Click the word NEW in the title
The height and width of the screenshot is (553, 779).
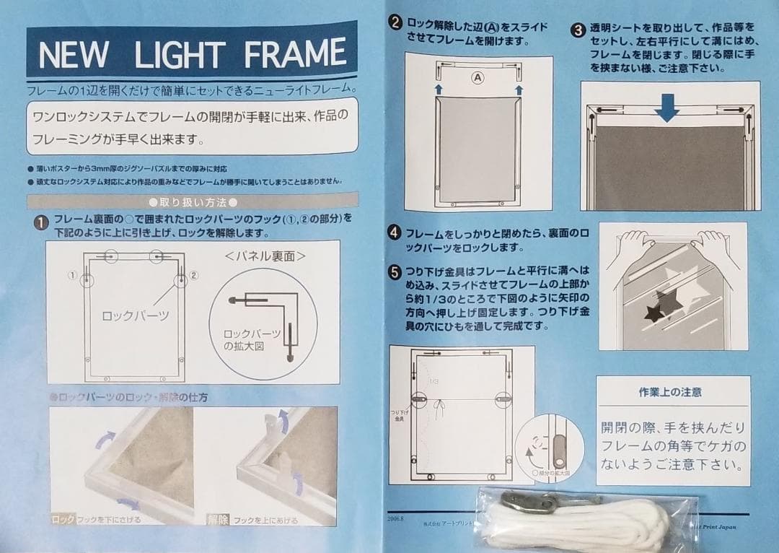click(x=73, y=54)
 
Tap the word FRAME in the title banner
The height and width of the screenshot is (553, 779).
click(x=296, y=54)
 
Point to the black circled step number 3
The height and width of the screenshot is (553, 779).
click(x=578, y=30)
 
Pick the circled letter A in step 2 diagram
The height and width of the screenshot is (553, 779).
click(x=477, y=75)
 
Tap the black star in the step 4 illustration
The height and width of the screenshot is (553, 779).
click(x=656, y=311)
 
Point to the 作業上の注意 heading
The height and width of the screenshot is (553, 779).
click(x=670, y=393)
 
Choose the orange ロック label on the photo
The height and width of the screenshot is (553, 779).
click(x=63, y=518)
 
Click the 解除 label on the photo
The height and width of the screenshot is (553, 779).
click(x=219, y=518)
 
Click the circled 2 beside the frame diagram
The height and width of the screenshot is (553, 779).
click(x=194, y=275)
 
